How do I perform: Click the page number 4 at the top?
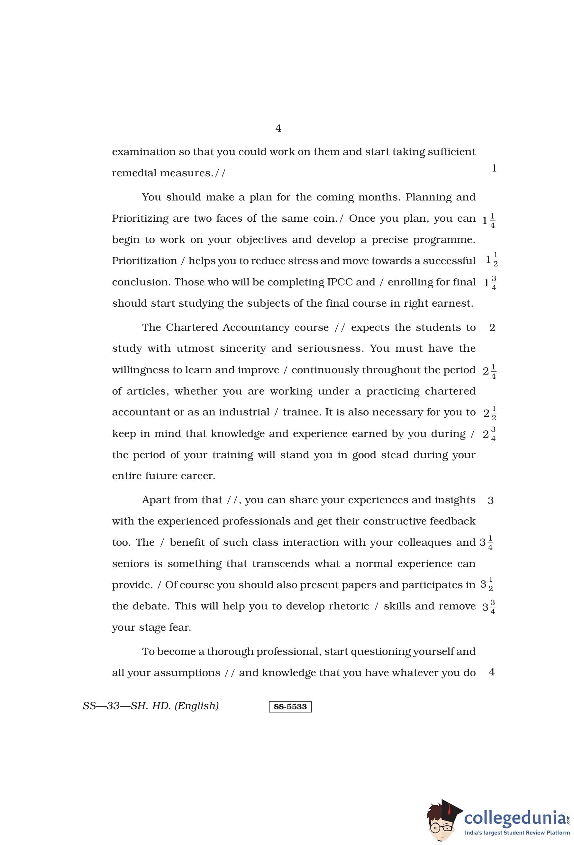278,128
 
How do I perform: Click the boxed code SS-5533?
290,706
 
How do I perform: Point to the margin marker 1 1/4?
489,220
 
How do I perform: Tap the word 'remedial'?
134,173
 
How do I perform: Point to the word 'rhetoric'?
348,606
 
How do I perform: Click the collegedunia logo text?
515,818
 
